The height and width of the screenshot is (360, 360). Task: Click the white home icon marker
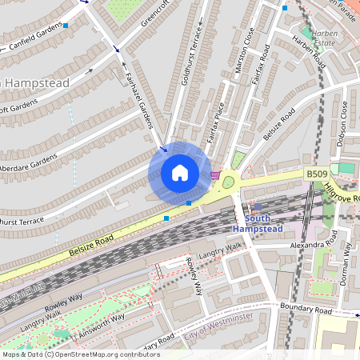pos(180,172)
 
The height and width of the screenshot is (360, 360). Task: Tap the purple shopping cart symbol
pos(214,174)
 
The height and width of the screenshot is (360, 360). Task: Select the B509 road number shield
pos(316,173)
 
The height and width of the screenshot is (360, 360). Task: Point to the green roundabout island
pos(228,182)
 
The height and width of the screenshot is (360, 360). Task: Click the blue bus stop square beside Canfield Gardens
pos(66,26)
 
